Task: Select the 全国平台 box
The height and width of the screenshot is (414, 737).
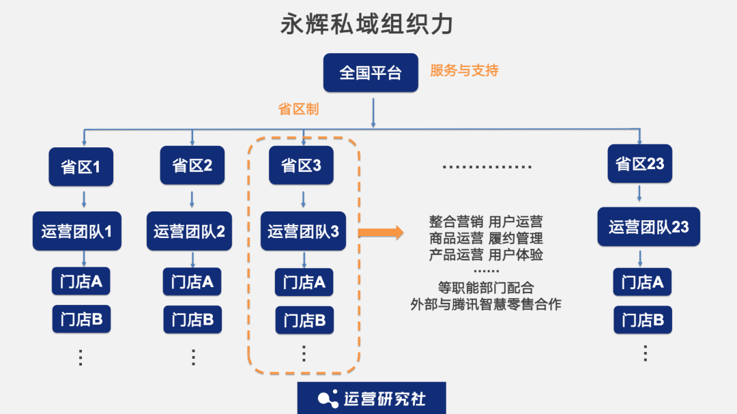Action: tap(371, 73)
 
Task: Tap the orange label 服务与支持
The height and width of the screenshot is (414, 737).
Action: tap(464, 70)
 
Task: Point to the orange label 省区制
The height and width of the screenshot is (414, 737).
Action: tap(298, 109)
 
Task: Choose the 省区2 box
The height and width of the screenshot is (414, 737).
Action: tap(192, 165)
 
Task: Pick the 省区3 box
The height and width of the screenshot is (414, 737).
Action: tap(301, 165)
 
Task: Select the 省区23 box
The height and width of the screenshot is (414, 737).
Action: tap(639, 164)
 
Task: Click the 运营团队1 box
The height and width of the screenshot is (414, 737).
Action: tap(76, 231)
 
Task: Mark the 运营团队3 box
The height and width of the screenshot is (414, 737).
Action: tap(303, 231)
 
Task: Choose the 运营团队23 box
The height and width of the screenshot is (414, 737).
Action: tap(648, 227)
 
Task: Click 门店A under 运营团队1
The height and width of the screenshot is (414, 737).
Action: tap(81, 281)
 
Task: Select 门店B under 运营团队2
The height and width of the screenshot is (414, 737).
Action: tap(192, 319)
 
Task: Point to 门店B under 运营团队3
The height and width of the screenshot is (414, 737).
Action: tap(304, 320)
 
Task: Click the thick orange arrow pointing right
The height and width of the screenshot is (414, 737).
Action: tap(381, 232)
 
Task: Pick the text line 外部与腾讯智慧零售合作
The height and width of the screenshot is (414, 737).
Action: tap(485, 304)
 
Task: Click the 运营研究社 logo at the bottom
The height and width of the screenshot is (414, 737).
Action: tap(371, 398)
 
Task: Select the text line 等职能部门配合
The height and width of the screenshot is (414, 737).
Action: tap(485, 288)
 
